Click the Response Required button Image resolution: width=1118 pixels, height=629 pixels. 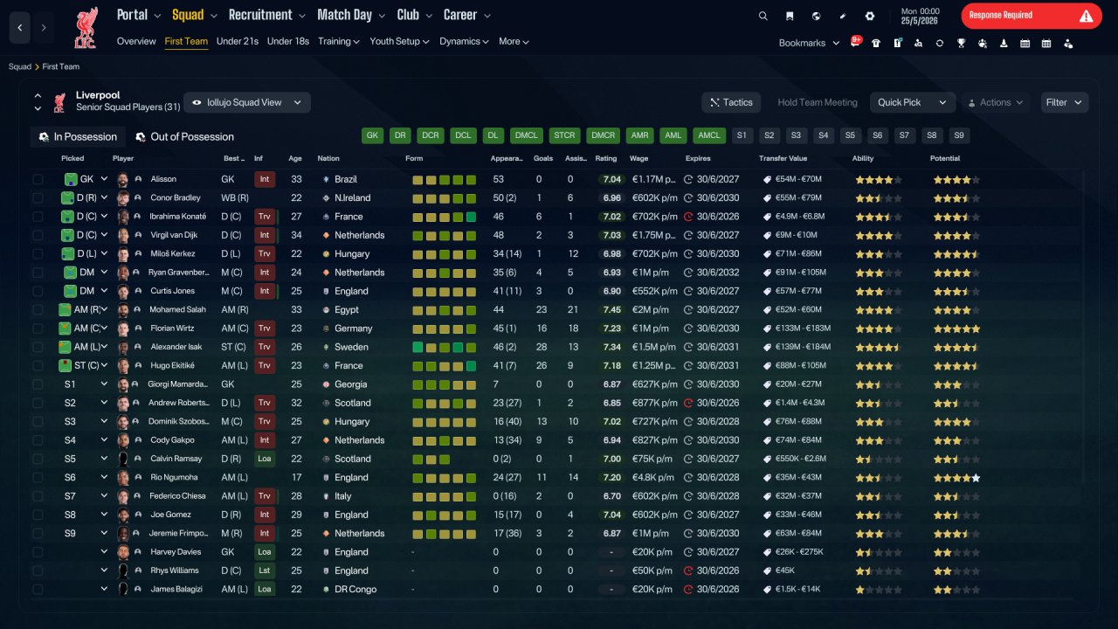click(1032, 16)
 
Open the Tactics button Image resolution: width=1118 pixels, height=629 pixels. click(731, 102)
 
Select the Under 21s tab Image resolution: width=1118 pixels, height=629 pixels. click(237, 41)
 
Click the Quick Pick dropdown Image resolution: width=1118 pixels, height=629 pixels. click(912, 102)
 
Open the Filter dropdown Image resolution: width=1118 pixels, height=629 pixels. click(1064, 102)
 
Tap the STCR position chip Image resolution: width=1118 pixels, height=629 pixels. click(564, 135)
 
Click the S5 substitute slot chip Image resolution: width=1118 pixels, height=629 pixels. click(850, 135)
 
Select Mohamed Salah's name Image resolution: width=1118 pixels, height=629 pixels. click(177, 309)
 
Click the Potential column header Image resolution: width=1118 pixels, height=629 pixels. click(945, 158)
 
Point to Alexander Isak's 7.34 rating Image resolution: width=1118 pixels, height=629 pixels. click(612, 347)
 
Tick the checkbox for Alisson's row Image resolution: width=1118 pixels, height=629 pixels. click(38, 179)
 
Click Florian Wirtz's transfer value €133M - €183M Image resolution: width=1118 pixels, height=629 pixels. click(803, 328)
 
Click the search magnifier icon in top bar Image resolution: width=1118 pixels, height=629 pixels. click(763, 16)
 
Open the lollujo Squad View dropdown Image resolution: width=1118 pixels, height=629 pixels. click(247, 102)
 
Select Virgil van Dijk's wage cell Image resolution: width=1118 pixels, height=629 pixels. click(653, 235)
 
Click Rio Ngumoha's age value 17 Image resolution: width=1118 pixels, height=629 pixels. click(296, 478)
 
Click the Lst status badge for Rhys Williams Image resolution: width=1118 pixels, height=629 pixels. click(264, 570)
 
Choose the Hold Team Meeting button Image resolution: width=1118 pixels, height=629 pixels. click(817, 102)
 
